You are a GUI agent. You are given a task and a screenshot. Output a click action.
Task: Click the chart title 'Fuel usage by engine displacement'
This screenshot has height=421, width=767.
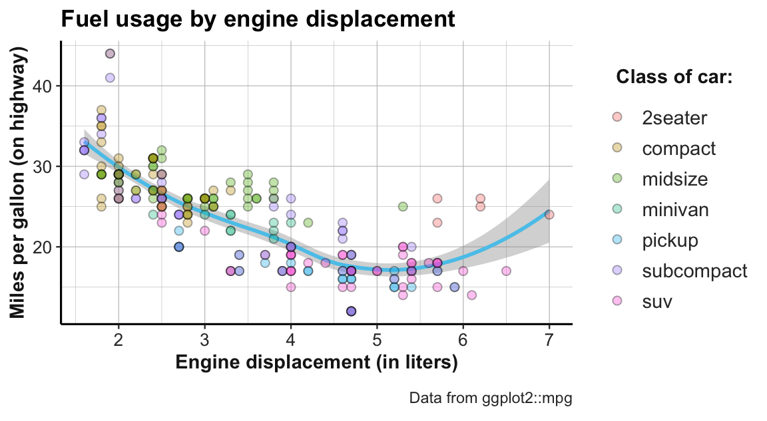(258, 18)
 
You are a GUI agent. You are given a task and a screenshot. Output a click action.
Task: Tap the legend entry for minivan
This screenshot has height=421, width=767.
(675, 210)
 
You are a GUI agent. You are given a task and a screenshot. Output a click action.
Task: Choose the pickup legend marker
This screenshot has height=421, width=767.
(617, 240)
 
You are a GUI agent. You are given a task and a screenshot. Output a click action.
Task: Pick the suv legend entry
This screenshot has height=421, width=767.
(656, 301)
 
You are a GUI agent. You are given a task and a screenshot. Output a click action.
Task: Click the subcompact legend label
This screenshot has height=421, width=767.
(694, 271)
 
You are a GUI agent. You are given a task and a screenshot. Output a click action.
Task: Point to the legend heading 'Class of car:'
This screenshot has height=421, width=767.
(674, 77)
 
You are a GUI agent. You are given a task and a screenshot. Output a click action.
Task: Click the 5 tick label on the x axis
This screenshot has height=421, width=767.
(377, 342)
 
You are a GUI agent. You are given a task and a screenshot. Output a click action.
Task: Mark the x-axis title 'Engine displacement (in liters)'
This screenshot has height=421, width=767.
(316, 364)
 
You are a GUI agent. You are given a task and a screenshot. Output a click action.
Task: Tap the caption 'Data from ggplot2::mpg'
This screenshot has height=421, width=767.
(491, 398)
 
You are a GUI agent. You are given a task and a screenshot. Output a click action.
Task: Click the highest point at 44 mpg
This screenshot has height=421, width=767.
(110, 54)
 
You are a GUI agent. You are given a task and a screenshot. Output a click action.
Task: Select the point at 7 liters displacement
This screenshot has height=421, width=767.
(549, 214)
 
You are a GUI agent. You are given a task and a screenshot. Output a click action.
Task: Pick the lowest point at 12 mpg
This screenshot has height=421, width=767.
(351, 311)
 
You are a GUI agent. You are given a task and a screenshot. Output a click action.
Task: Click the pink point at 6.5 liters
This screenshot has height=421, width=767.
(506, 271)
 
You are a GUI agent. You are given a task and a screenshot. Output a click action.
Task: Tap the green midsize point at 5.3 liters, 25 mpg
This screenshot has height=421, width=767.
(403, 207)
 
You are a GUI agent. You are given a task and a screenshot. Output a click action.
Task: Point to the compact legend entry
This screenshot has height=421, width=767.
(678, 148)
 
